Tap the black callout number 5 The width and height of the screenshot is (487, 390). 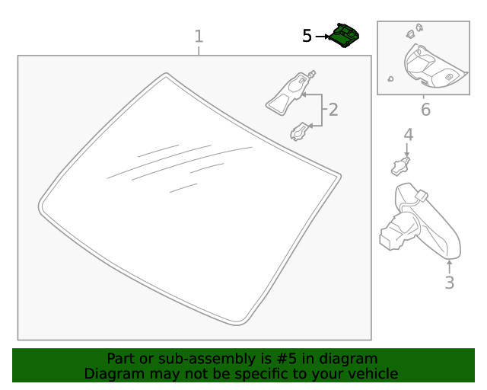click(307, 36)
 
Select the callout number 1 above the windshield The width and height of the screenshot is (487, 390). click(199, 36)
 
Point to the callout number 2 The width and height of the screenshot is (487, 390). click(333, 110)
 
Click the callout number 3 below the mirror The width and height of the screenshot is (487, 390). click(449, 283)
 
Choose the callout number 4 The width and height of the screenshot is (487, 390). click(408, 135)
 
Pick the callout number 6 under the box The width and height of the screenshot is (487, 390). click(425, 110)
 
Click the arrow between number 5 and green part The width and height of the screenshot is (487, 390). click(323, 36)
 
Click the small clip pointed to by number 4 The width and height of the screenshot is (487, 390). click(401, 165)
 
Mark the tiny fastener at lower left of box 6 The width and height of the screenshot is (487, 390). click(390, 78)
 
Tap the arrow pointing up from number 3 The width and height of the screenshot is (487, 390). click(449, 266)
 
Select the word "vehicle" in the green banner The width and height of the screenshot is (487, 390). click(371, 373)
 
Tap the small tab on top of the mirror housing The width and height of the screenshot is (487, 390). click(419, 197)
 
